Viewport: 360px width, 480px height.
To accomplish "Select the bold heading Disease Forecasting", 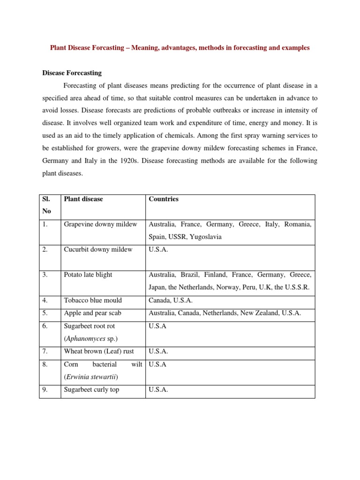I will click(72, 73).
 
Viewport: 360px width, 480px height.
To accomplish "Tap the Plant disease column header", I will click(83, 199).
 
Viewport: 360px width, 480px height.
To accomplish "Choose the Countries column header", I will click(164, 199).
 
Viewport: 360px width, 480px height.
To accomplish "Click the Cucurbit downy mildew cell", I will click(98, 250).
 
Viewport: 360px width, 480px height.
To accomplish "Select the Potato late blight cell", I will click(88, 275).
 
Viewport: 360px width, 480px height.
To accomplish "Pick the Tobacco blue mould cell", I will click(92, 300).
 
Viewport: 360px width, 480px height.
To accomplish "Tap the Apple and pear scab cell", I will click(92, 313).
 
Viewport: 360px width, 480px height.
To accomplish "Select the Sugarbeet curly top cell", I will click(91, 390).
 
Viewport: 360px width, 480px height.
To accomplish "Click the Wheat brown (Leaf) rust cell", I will click(98, 352).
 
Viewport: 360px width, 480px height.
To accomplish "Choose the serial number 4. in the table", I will click(45, 300).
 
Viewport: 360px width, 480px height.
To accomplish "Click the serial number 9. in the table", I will click(45, 390).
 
